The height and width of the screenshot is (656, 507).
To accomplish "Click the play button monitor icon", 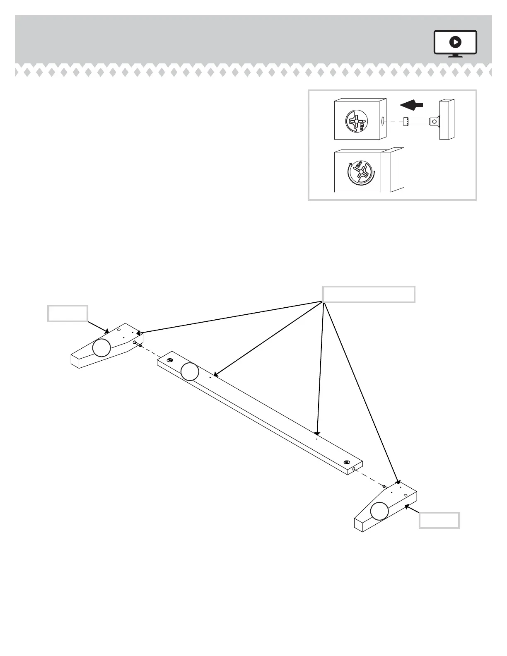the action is [x=455, y=42].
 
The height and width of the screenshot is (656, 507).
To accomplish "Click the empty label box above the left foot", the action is [x=68, y=314].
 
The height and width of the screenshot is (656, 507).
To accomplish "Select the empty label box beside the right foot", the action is [x=439, y=520].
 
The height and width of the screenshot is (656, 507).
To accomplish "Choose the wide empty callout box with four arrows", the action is [x=369, y=294].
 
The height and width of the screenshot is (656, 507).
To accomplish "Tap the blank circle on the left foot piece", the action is [x=101, y=347].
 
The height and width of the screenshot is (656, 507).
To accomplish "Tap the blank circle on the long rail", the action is [x=190, y=371].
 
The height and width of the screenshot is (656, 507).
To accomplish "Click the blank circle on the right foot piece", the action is [x=379, y=511].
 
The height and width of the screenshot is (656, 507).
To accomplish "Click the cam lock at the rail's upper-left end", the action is [x=169, y=360].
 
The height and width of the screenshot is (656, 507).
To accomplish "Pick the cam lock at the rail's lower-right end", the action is [x=347, y=462].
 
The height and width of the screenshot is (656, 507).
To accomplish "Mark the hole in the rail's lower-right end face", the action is [x=355, y=469].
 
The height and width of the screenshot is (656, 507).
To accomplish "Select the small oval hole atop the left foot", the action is [x=118, y=330].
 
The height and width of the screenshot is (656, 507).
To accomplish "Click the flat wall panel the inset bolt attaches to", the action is [x=447, y=119].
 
